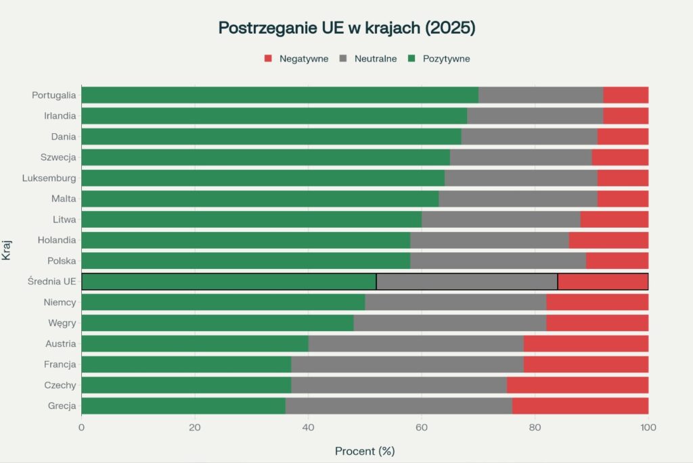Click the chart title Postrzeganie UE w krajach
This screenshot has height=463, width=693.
click(x=346, y=28)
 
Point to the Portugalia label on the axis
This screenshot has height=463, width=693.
click(x=53, y=95)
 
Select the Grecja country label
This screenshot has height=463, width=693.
click(x=60, y=406)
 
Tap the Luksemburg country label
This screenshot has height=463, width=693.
click(x=49, y=178)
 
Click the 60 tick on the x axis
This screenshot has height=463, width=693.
click(x=422, y=427)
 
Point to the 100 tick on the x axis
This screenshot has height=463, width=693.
click(x=648, y=427)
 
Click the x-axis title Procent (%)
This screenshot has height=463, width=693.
click(x=365, y=451)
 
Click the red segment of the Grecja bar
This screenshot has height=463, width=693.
click(x=580, y=406)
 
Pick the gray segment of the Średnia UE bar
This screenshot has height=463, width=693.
click(x=467, y=281)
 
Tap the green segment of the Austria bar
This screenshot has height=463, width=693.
click(x=195, y=343)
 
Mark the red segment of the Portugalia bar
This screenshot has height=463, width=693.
click(x=625, y=95)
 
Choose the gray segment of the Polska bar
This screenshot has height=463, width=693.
click(x=498, y=260)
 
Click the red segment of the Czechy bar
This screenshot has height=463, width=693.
click(x=577, y=385)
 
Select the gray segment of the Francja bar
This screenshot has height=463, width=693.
click(x=407, y=364)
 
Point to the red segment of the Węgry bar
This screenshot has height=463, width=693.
click(x=597, y=322)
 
